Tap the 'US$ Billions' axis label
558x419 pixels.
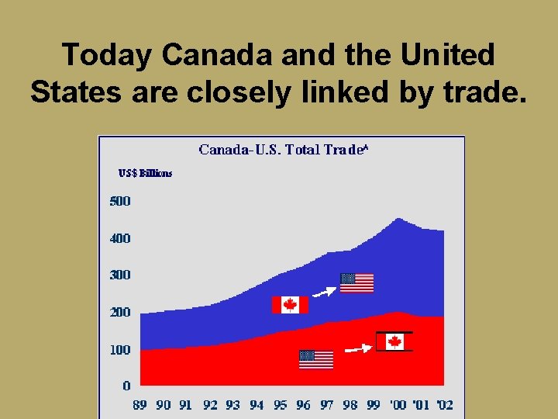pos(145,173)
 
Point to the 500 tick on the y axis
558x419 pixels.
pos(119,201)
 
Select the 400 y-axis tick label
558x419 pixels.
pos(119,238)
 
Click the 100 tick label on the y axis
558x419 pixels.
pos(119,350)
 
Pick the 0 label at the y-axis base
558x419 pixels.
pos(126,385)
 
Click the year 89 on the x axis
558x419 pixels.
pos(139,405)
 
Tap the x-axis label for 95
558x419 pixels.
pos(280,405)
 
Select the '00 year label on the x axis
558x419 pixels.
pos(397,405)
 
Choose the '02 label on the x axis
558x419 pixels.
pos(444,405)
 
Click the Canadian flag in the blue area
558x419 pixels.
pos(290,305)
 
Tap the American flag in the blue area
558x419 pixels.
pos(356,283)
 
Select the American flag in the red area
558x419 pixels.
pos(316,359)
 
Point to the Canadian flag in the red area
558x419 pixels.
pos(394,342)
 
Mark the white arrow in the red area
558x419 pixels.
pos(357,349)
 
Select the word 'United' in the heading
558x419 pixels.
pos(448,55)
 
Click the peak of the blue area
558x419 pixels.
pos(398,220)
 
